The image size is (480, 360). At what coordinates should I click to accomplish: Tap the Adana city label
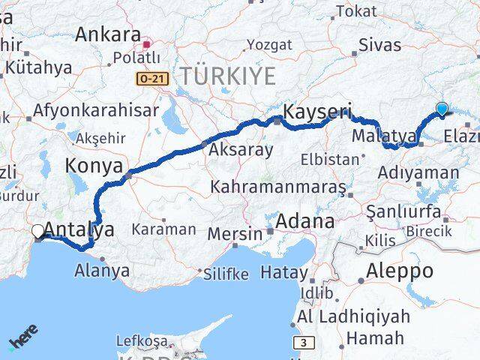[304, 222]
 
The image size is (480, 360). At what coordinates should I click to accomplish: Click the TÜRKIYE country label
[227, 76]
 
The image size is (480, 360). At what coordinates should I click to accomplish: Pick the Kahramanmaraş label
[278, 184]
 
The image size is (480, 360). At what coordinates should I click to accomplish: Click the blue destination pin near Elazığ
[442, 109]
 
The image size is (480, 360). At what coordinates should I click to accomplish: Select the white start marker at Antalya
[38, 231]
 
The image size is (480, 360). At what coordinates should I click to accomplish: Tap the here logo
[23, 341]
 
